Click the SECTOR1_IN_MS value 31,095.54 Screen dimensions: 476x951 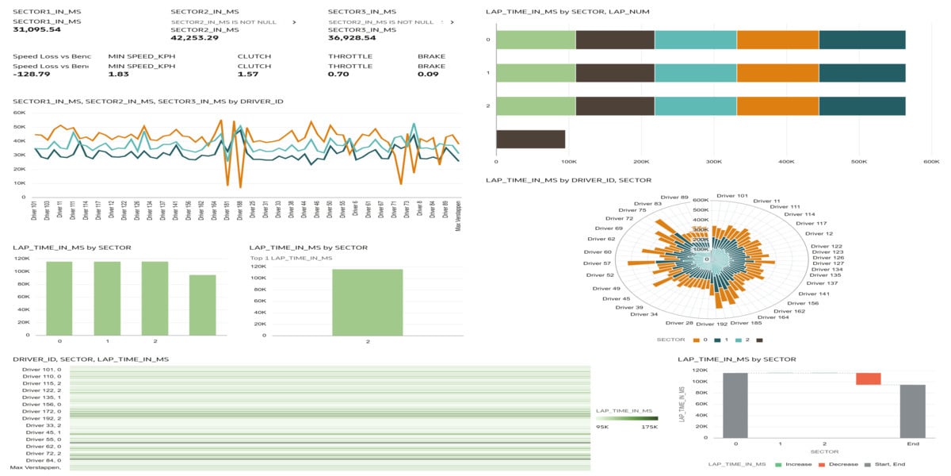(37, 29)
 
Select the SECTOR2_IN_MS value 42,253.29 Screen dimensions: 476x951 (194, 37)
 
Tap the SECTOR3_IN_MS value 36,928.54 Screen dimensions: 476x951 (352, 37)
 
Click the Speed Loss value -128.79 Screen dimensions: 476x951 (32, 74)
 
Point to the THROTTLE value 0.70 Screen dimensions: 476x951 (338, 74)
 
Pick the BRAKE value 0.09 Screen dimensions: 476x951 (428, 74)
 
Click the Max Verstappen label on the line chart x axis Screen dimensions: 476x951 (458, 215)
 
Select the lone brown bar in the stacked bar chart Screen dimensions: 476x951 (530, 139)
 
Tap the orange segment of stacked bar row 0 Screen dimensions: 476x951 (777, 40)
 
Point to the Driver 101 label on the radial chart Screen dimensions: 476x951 (731, 195)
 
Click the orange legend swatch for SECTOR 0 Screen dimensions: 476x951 (697, 340)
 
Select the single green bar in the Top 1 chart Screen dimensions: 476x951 (367, 302)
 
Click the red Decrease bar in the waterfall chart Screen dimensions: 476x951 (868, 378)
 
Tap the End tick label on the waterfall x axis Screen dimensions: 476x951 (912, 444)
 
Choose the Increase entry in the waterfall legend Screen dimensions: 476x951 (795, 464)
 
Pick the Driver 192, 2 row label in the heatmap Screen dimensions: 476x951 (41, 418)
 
